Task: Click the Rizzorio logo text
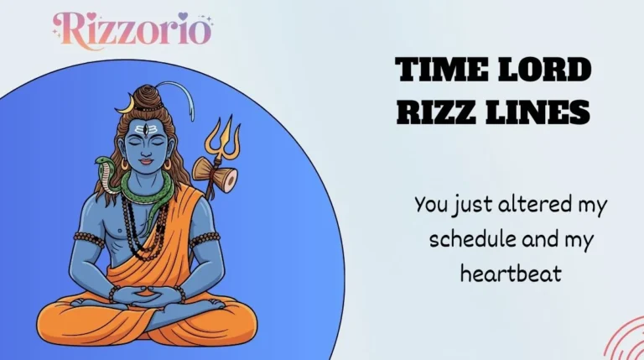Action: point(132,29)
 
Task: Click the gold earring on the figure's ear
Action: point(166,165)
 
